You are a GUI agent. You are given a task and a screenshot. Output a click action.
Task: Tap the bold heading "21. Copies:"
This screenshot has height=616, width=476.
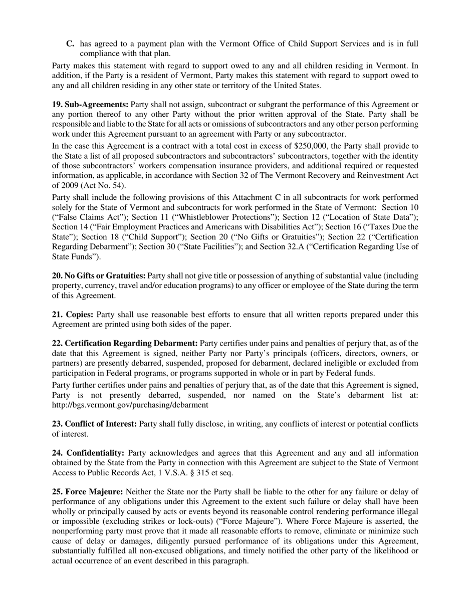(73, 315)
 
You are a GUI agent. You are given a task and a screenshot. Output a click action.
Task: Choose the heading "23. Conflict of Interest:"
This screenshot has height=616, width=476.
(94, 424)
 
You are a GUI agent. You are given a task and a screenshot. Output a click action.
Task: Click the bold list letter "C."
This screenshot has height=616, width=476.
(71, 44)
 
